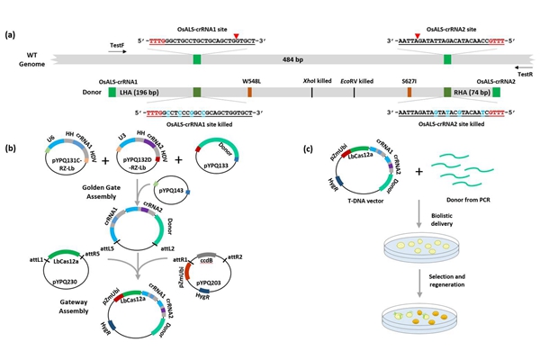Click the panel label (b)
coord(10,147)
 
